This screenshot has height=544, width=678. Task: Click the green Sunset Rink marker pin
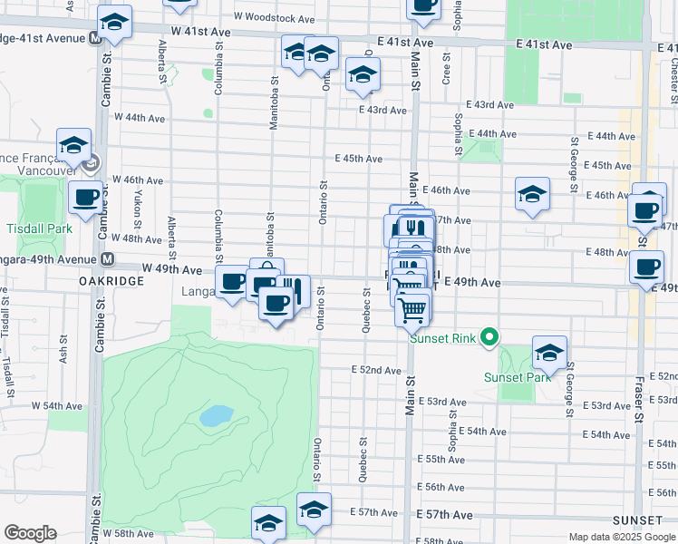click(x=489, y=339)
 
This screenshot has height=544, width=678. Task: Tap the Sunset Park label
click(x=517, y=377)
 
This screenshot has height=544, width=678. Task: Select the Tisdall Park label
click(x=36, y=228)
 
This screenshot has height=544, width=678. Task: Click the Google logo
click(x=30, y=533)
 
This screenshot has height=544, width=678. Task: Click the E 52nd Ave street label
click(x=376, y=370)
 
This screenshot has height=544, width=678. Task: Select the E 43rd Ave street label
click(x=382, y=110)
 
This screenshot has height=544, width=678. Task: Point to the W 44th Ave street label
click(x=139, y=118)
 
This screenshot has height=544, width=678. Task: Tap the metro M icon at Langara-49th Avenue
click(x=107, y=259)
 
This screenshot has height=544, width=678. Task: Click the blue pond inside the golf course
click(x=216, y=416)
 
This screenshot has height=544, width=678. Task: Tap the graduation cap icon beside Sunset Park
click(x=549, y=351)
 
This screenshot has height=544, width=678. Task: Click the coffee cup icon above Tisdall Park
click(x=86, y=197)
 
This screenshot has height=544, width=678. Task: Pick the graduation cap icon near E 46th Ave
click(x=532, y=193)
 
